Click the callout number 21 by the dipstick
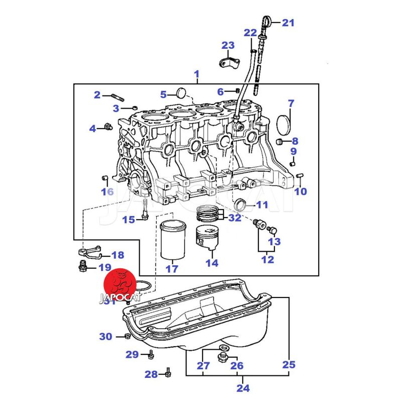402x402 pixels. (x=288, y=23)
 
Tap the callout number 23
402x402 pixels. (x=228, y=46)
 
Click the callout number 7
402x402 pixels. (x=291, y=105)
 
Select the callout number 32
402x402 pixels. (x=235, y=218)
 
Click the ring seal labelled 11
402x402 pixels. (x=242, y=205)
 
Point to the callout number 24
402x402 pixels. (x=243, y=388)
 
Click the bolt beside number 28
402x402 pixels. (x=167, y=374)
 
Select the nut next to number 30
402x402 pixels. (x=128, y=336)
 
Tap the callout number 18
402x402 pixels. (x=117, y=255)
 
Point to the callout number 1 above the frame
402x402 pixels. (x=196, y=75)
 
